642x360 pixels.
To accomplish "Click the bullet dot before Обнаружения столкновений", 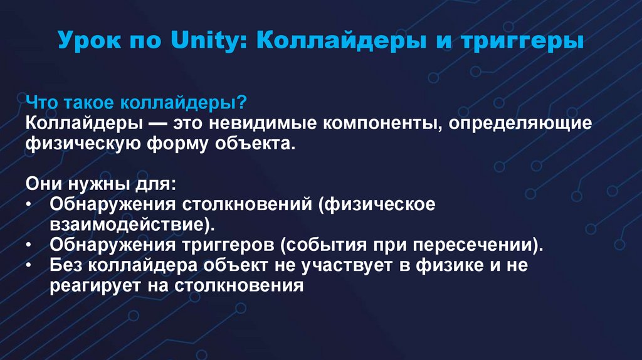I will click(x=31, y=204).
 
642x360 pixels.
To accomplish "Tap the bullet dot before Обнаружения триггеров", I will click(x=31, y=245).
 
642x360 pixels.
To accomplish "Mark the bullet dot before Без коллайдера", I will click(x=31, y=265).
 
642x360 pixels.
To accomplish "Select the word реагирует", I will click(x=97, y=285).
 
